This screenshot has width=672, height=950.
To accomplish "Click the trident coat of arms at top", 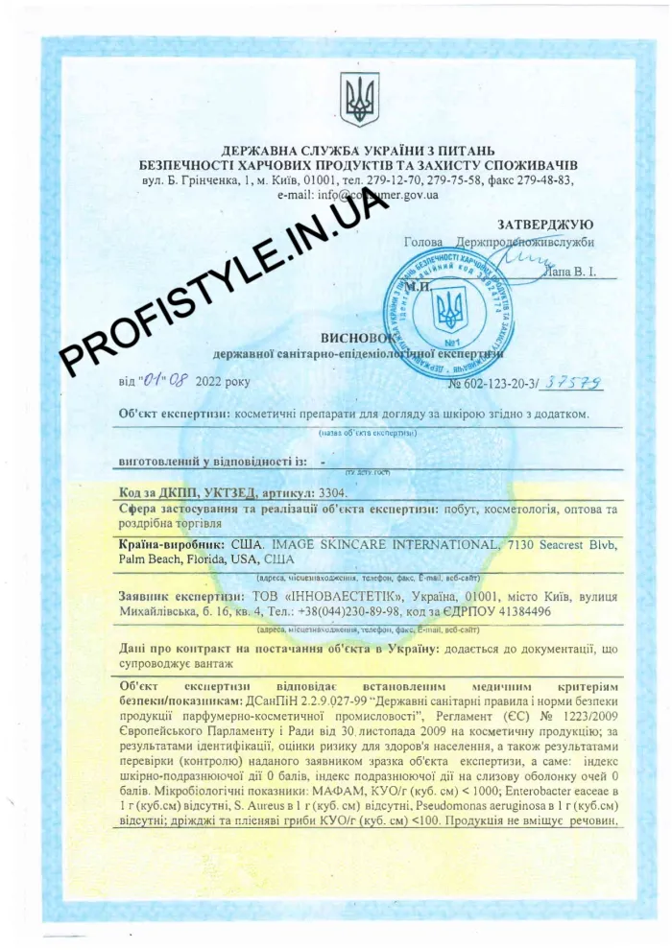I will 360,99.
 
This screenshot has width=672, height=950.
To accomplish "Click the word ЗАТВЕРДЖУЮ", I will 546,224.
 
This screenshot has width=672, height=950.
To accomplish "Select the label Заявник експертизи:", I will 175,595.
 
